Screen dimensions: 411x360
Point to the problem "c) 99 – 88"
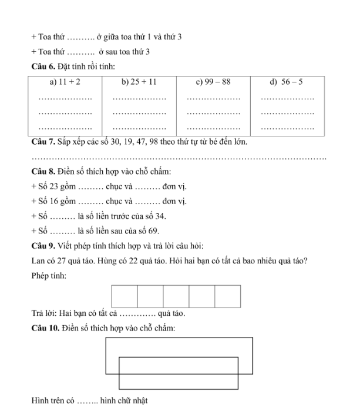point(213,83)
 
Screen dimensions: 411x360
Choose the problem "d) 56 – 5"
point(286,83)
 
